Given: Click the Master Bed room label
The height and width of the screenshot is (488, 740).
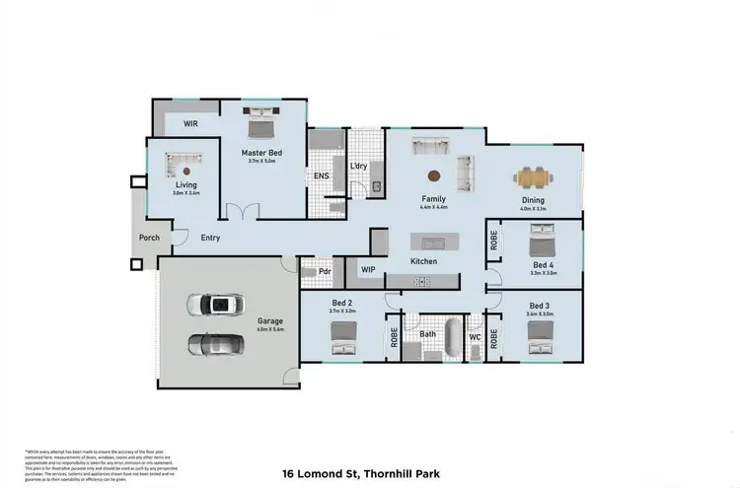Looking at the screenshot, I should [262, 153].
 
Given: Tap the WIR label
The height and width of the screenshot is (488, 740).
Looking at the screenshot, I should [193, 124].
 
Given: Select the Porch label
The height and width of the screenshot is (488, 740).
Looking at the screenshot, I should [149, 238].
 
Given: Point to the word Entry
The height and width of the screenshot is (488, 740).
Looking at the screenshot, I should [210, 238].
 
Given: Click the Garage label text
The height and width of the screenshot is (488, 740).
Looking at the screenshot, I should [271, 321].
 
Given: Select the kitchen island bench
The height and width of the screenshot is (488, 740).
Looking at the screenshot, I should [430, 242].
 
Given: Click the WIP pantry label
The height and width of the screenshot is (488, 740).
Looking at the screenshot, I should [368, 269].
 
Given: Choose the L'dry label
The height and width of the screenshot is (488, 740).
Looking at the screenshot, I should [359, 166].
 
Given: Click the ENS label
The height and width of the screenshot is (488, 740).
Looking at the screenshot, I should [322, 176].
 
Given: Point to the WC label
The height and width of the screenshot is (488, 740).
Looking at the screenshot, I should [476, 337].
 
